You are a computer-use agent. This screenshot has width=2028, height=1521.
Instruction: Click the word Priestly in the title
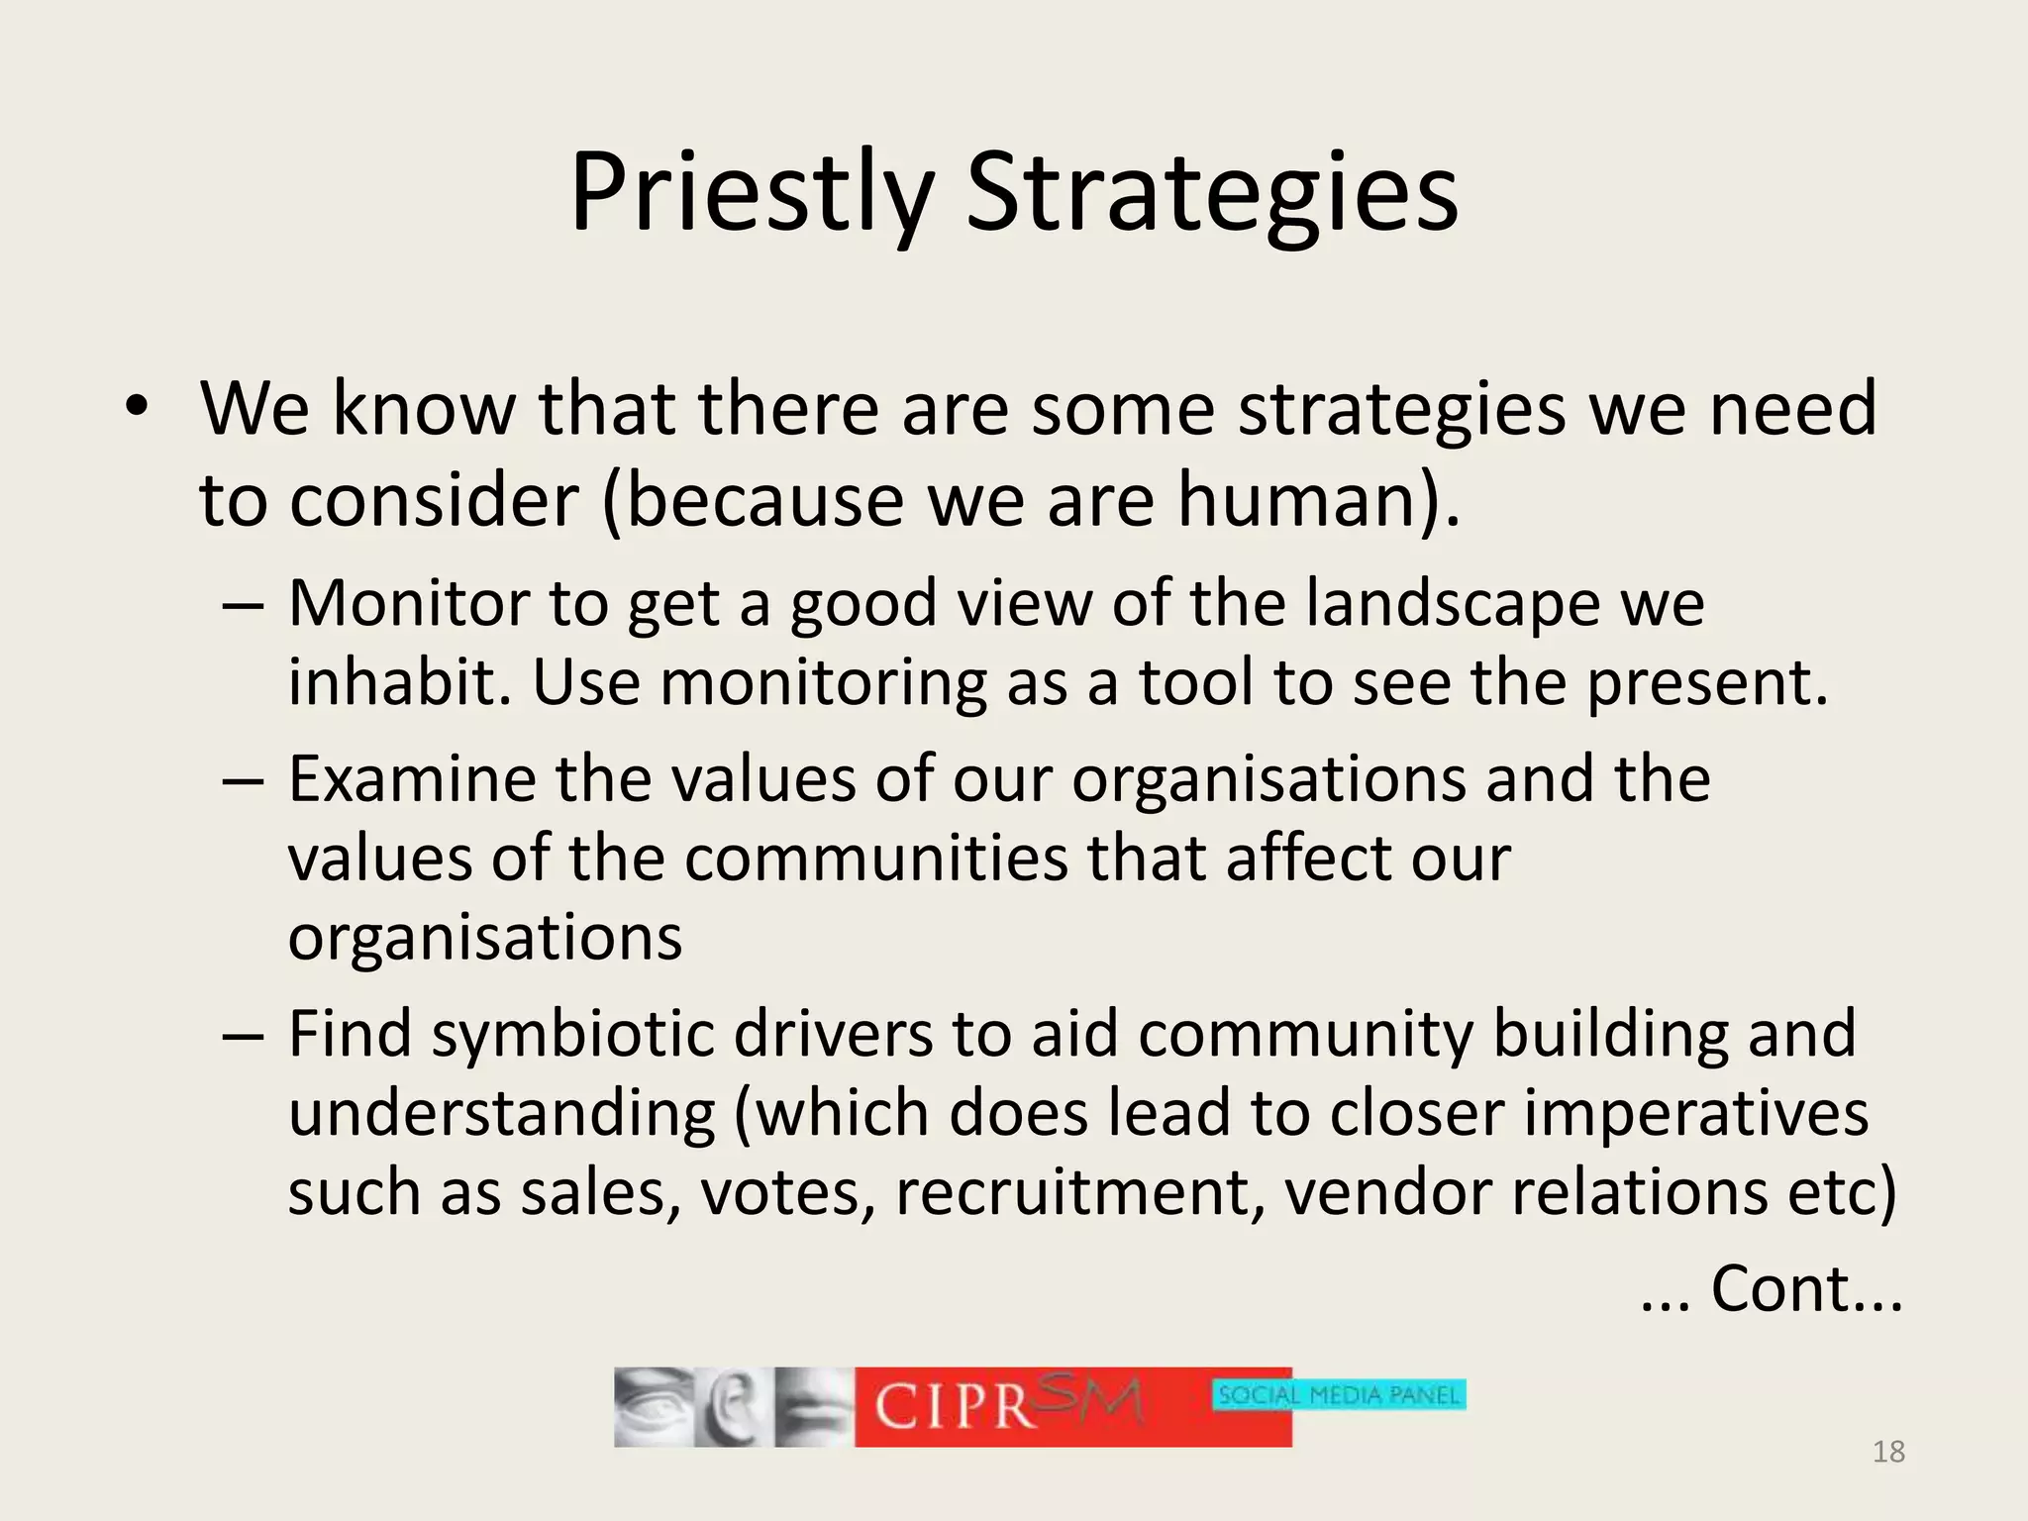click(751, 192)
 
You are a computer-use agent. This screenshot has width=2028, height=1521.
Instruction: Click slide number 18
click(1888, 1452)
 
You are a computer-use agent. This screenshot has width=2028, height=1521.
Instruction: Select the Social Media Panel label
click(1338, 1395)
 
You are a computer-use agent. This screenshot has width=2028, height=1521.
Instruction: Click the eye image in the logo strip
click(651, 1406)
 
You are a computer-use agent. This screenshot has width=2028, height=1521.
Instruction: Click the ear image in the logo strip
click(731, 1407)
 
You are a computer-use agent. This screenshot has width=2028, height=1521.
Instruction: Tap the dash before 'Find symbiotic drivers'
click(243, 1035)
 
